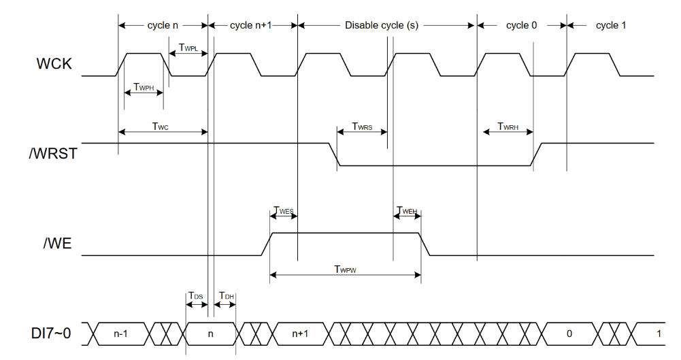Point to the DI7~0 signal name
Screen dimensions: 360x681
click(52, 334)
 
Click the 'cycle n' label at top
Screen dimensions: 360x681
click(163, 25)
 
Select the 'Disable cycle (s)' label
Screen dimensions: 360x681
click(382, 25)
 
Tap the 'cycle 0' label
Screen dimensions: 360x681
click(522, 25)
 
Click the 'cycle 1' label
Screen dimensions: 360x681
click(611, 25)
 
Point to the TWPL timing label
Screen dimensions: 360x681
click(188, 48)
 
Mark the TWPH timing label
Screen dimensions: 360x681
click(144, 86)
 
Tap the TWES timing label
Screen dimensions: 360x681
click(283, 211)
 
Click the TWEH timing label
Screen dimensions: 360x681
click(406, 211)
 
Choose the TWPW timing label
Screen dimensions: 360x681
click(346, 269)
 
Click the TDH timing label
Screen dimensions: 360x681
click(227, 296)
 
